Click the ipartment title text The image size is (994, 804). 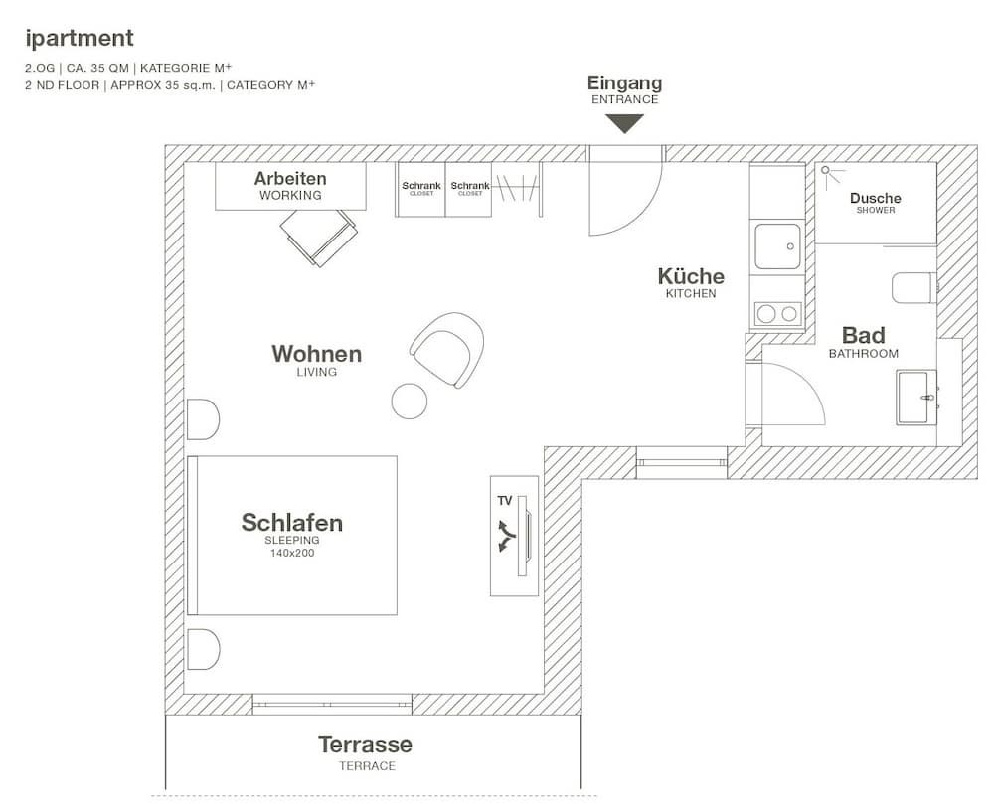80,39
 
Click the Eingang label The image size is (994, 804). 624,83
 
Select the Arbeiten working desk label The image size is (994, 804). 290,179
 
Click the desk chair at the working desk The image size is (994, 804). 318,237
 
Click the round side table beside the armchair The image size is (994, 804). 410,401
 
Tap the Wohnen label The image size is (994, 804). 316,354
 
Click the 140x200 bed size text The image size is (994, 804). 292,553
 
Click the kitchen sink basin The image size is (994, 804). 778,244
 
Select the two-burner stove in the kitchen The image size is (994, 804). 777,314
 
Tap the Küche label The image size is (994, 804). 691,276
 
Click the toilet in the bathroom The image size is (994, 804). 911,288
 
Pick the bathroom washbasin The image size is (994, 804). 915,398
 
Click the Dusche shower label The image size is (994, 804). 875,199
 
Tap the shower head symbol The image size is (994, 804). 827,171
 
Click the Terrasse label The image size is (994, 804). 365,745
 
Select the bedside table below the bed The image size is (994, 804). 202,649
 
